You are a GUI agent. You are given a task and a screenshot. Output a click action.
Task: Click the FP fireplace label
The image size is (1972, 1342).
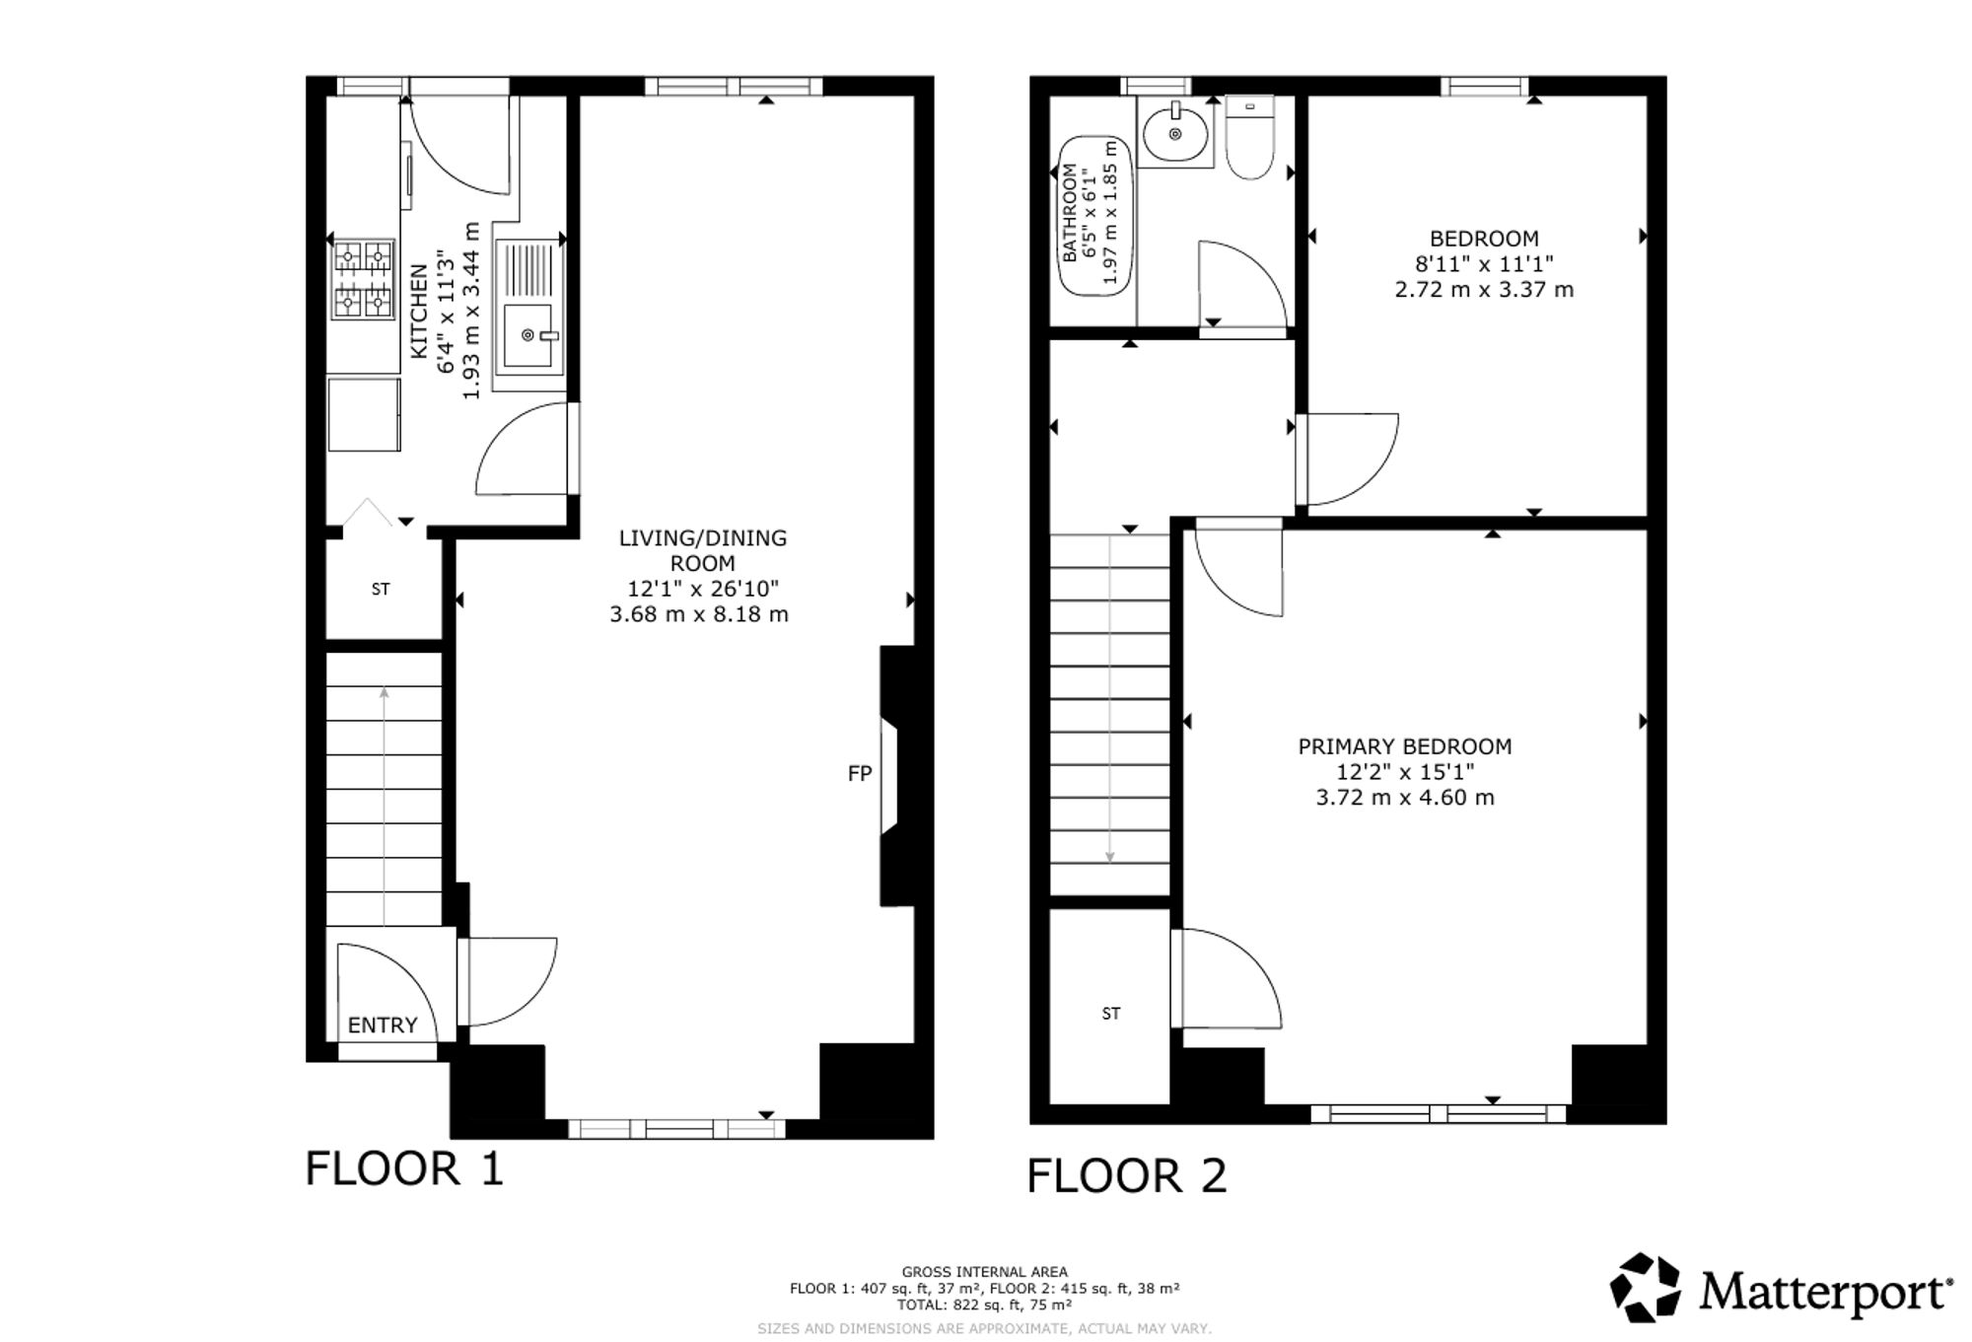coord(860,774)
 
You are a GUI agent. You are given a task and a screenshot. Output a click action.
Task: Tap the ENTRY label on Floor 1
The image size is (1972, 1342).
coord(383,1025)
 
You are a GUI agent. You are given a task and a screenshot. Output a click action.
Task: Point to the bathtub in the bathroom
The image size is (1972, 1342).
coord(1092,216)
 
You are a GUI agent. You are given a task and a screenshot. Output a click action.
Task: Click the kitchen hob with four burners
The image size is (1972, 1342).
coord(363,280)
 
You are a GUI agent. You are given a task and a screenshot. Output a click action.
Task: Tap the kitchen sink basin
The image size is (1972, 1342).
coord(528,335)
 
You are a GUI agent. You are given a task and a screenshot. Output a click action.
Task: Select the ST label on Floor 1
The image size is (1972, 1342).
coord(381,590)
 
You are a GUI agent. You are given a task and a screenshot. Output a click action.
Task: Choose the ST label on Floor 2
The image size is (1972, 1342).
coord(1111,1014)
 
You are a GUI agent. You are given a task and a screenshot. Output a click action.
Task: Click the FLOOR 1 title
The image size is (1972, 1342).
coord(404,1168)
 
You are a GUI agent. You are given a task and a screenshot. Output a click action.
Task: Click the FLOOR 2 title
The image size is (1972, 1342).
coord(1127,1175)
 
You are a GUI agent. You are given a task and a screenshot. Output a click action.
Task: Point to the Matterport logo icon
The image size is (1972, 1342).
coord(1645,1287)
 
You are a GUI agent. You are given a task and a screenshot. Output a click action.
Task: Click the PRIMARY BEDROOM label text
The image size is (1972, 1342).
coord(1405,747)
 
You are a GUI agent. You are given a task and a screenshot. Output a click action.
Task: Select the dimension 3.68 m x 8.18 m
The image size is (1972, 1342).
coord(699,614)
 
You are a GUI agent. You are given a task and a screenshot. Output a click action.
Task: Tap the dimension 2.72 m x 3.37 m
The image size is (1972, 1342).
coord(1484,290)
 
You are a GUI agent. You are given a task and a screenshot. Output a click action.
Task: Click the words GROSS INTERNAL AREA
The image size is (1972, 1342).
coord(984,1272)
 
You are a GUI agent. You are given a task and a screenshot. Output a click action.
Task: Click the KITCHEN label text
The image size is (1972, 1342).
coord(419,312)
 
